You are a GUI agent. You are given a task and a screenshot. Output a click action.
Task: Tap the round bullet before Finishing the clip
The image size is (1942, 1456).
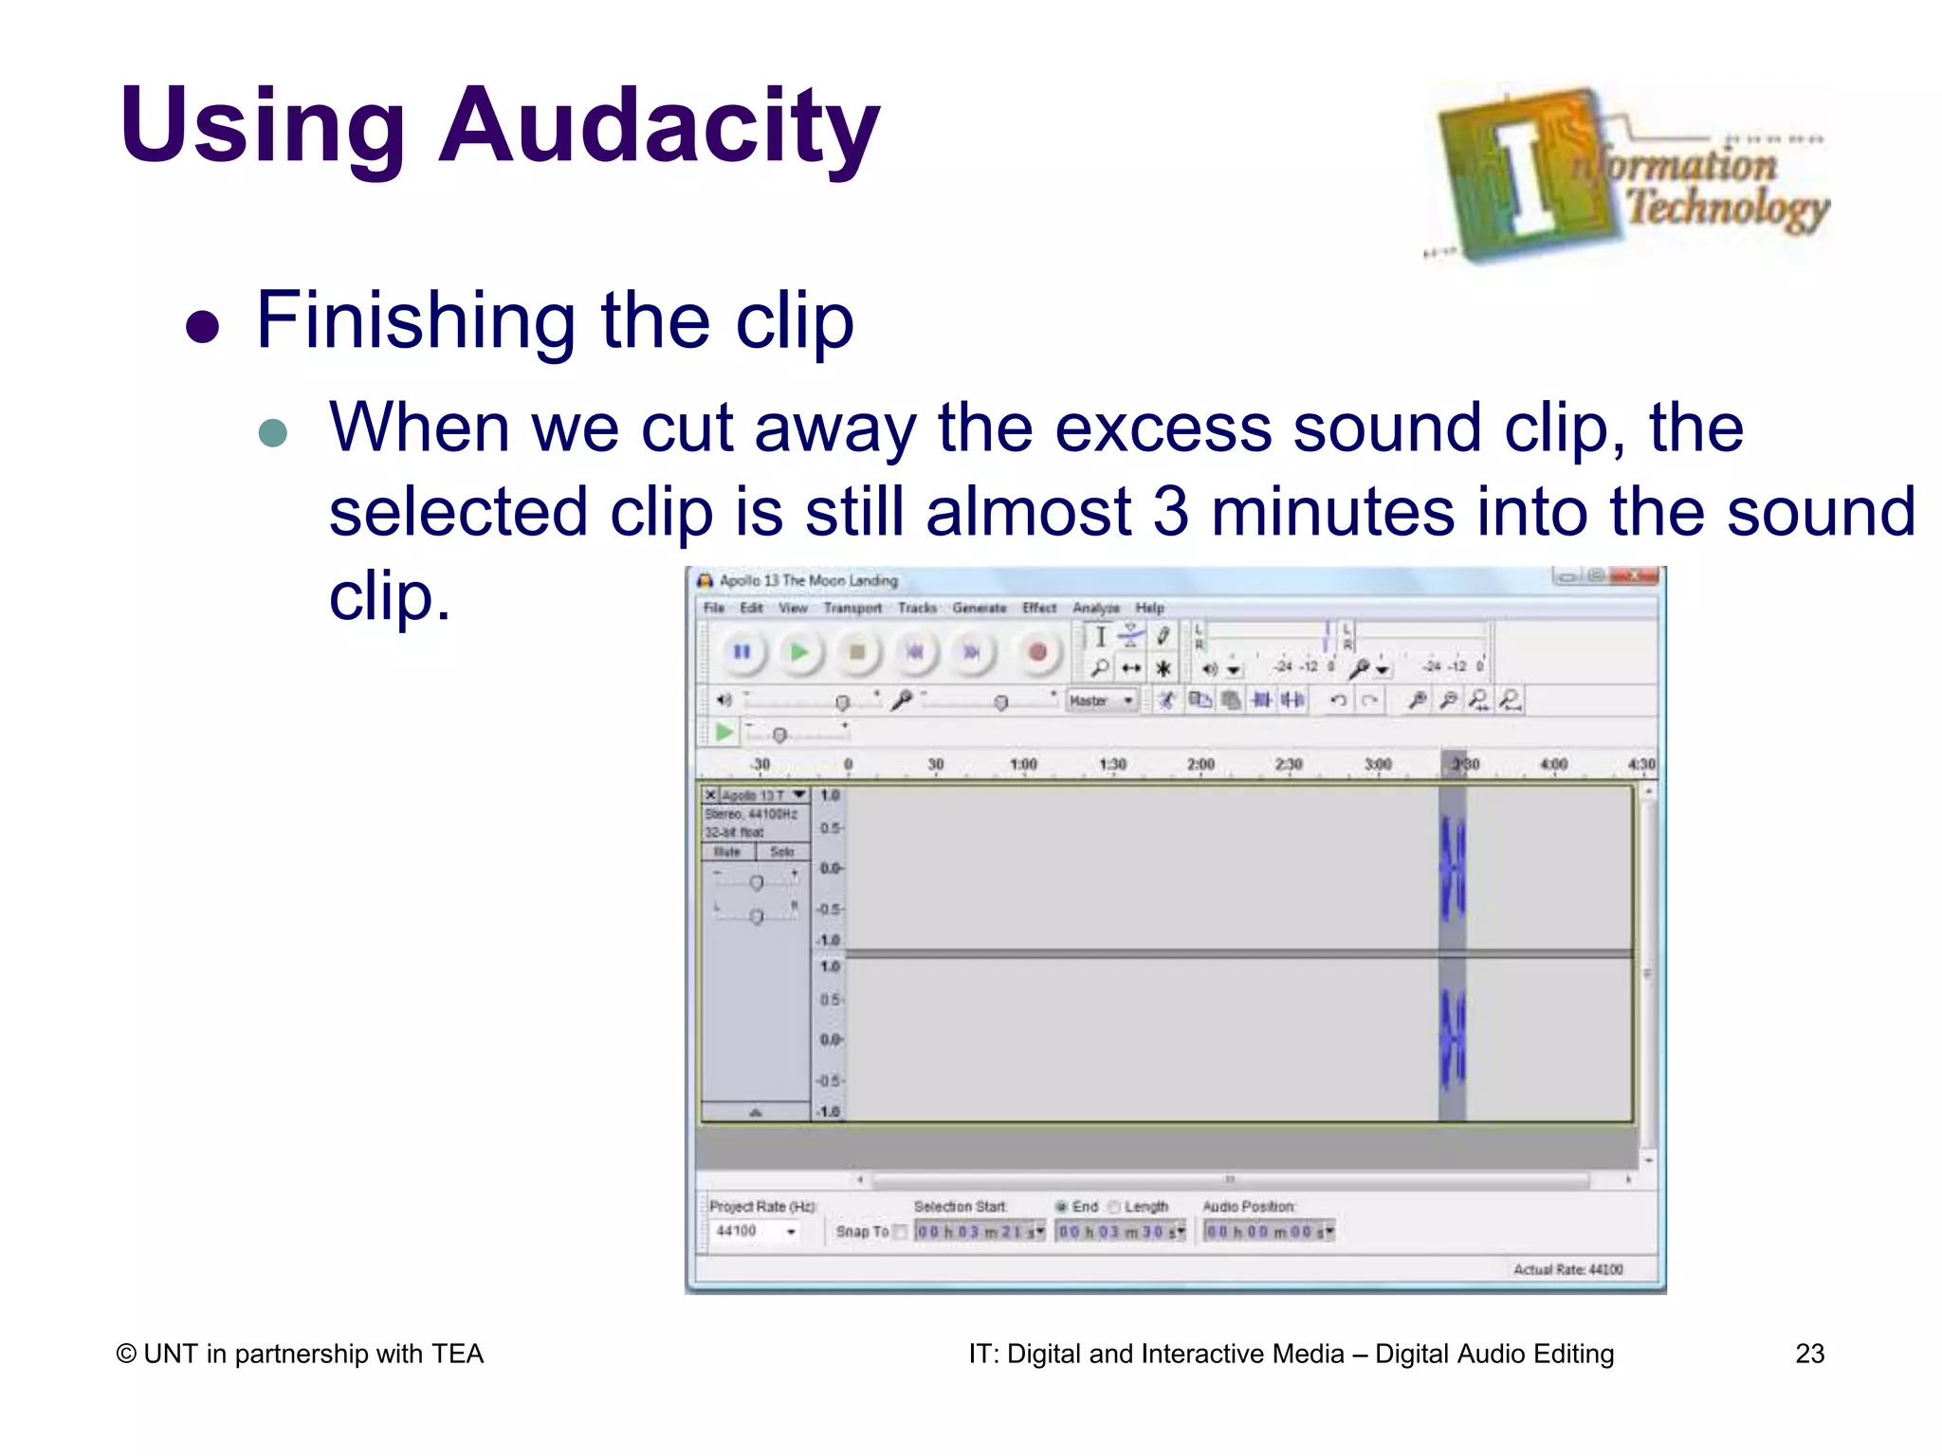[202, 327]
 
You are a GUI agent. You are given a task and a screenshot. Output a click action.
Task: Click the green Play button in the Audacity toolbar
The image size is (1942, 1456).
[799, 652]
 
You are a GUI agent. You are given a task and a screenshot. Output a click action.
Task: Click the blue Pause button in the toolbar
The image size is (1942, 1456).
[742, 652]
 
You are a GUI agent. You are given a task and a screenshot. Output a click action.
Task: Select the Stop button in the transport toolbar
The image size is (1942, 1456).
[857, 652]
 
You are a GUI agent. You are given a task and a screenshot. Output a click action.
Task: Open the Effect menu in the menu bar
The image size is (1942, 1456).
[1039, 608]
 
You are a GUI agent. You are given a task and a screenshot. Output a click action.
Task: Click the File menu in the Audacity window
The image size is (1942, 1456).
[714, 608]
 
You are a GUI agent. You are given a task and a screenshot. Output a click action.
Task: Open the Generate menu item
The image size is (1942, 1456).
[979, 608]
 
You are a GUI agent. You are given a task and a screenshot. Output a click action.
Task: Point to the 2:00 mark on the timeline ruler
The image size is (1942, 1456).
[1200, 765]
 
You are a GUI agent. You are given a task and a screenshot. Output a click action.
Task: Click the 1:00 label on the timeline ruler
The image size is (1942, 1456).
[1023, 765]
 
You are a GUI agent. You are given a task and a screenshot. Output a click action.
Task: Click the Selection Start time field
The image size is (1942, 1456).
[979, 1231]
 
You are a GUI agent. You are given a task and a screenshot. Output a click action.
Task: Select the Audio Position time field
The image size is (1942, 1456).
[1268, 1231]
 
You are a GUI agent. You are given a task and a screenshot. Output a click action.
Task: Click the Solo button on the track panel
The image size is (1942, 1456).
[782, 852]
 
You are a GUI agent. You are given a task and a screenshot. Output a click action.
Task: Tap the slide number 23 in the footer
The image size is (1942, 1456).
[1809, 1354]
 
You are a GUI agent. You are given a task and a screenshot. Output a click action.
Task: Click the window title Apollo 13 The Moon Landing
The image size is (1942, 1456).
[808, 580]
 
